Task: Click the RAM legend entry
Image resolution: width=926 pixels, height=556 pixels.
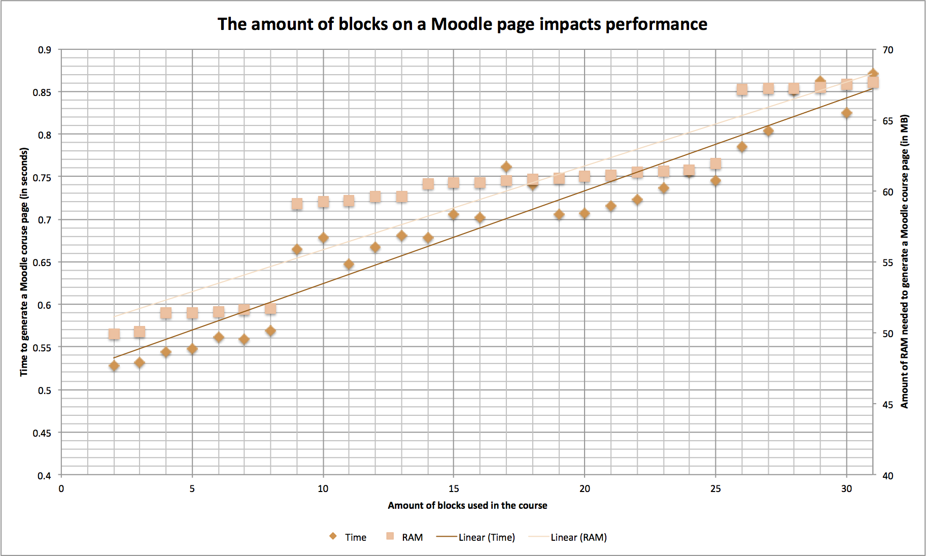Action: point(405,537)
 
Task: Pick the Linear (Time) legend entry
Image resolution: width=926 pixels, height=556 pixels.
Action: point(476,537)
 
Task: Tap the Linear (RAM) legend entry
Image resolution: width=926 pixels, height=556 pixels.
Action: point(568,537)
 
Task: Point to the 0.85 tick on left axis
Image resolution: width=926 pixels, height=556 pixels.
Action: point(42,92)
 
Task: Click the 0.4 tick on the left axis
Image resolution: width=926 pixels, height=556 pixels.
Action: point(44,476)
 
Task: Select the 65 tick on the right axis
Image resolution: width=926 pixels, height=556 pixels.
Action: point(887,121)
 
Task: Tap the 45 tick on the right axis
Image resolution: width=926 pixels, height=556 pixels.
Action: point(887,405)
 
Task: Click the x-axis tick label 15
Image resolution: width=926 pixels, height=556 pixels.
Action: point(454,488)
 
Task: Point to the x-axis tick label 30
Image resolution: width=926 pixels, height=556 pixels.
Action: point(846,488)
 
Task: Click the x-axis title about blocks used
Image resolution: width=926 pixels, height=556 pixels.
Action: point(467,505)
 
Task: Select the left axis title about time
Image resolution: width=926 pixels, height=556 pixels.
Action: point(24,261)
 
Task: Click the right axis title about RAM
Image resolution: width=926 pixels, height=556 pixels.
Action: point(904,261)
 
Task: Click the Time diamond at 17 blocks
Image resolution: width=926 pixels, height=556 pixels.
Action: point(506,167)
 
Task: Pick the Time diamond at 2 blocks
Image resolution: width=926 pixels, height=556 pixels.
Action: point(114,366)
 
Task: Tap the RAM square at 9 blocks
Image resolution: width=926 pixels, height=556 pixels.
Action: point(297,204)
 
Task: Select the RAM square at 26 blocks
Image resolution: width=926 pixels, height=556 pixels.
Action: point(742,90)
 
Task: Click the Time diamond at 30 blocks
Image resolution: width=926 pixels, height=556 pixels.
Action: point(846,113)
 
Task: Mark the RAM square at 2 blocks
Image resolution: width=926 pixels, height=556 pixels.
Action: point(114,334)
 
